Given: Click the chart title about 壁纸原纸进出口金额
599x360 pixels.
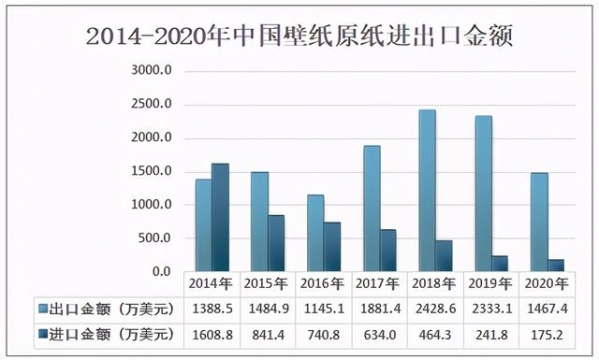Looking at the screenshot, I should (x=299, y=38).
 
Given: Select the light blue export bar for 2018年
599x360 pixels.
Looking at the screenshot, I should (x=427, y=190).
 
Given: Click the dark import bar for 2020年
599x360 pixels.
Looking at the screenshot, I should (x=556, y=265).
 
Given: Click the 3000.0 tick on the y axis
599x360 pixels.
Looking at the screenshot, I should (x=153, y=71).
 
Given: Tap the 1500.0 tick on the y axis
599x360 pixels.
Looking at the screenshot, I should (x=153, y=172).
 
